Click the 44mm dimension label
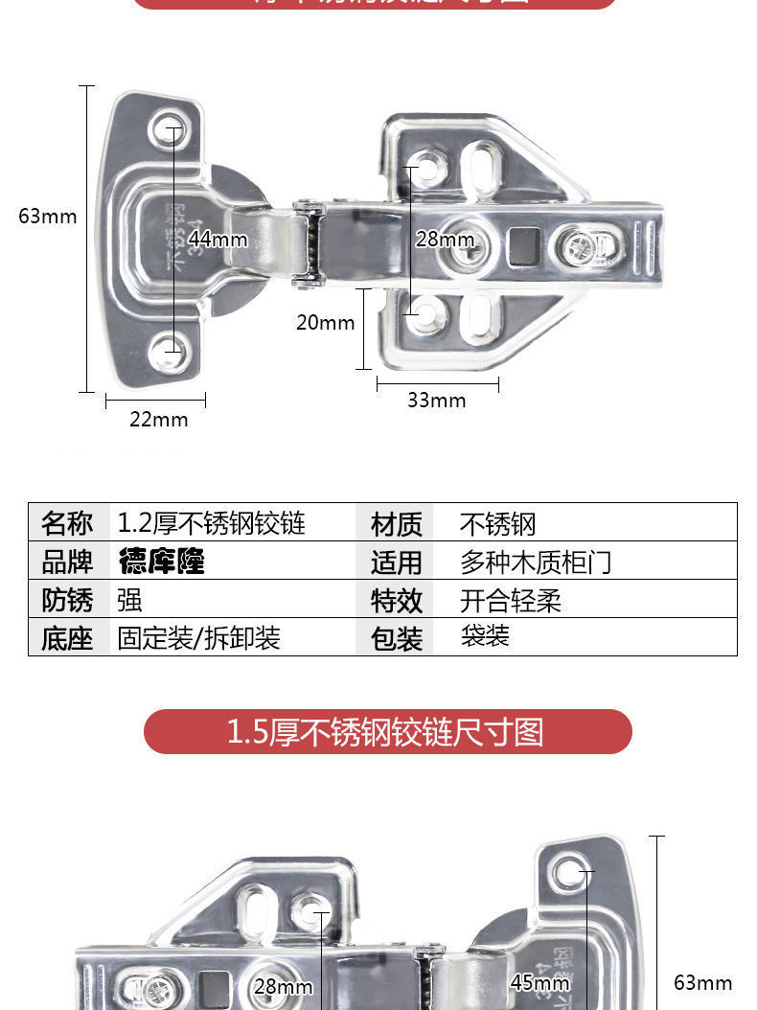tap(218, 239)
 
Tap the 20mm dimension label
tap(325, 323)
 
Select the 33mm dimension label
tap(436, 401)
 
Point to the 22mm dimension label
tap(159, 420)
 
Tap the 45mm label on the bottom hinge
tap(539, 982)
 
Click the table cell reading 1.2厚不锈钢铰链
tap(212, 523)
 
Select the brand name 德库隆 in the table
tap(162, 562)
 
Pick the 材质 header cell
tap(396, 524)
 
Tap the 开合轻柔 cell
tap(510, 601)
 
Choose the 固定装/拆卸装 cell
tap(198, 638)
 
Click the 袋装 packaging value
tap(485, 636)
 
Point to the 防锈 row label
tap(67, 601)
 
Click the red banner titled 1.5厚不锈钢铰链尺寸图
tap(387, 732)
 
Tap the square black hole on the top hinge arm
tap(523, 246)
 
